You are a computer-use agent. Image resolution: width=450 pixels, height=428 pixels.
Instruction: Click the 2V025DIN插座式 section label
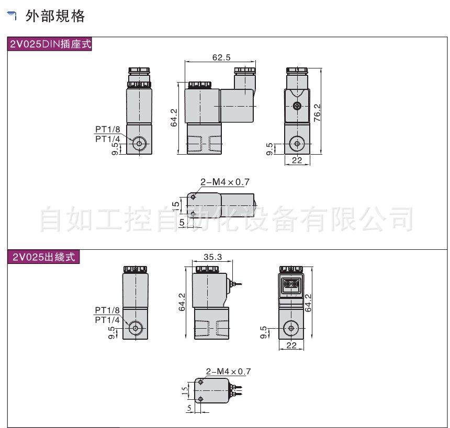tap(50, 44)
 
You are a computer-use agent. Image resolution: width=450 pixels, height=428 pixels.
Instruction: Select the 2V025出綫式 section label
tap(44, 257)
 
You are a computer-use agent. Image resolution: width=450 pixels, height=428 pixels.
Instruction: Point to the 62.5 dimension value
tap(221, 57)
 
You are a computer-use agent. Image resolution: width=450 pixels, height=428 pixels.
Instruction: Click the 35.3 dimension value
tap(212, 257)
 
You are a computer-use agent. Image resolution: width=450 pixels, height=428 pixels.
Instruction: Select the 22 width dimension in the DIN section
tap(297, 160)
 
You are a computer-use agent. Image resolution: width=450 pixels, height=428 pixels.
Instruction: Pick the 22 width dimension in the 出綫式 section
tap(292, 344)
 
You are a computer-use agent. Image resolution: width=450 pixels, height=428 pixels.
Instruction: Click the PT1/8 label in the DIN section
tap(107, 129)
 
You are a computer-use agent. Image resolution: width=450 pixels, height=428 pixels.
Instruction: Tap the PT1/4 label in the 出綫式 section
tap(107, 320)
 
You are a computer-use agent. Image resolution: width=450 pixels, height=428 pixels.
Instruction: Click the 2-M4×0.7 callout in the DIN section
tap(226, 182)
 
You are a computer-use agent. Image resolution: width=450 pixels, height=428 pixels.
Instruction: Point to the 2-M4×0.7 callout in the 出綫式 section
tap(229, 372)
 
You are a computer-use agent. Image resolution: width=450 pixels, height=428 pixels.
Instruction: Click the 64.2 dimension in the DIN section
tap(174, 118)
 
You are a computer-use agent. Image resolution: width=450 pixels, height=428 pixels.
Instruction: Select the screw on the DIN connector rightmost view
tap(297, 107)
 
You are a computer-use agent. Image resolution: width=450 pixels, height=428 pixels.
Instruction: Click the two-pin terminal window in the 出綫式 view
tap(292, 284)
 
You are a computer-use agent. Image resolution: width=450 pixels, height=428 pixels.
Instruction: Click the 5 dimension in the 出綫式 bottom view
tap(189, 409)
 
